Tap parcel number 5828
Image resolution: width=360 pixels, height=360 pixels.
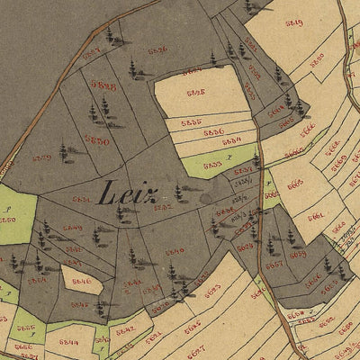(x=105, y=86)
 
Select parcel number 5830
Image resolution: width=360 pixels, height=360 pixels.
(x=97, y=140)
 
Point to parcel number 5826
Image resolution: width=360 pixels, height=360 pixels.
(x=157, y=50)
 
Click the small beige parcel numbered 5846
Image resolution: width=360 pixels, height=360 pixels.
(x=81, y=282)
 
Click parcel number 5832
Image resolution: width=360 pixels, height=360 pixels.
(x=163, y=207)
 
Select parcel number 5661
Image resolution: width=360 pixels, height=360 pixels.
(x=315, y=216)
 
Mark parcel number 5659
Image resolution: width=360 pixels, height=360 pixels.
(x=298, y=255)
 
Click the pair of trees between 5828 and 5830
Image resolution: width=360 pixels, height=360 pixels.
(x=98, y=112)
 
